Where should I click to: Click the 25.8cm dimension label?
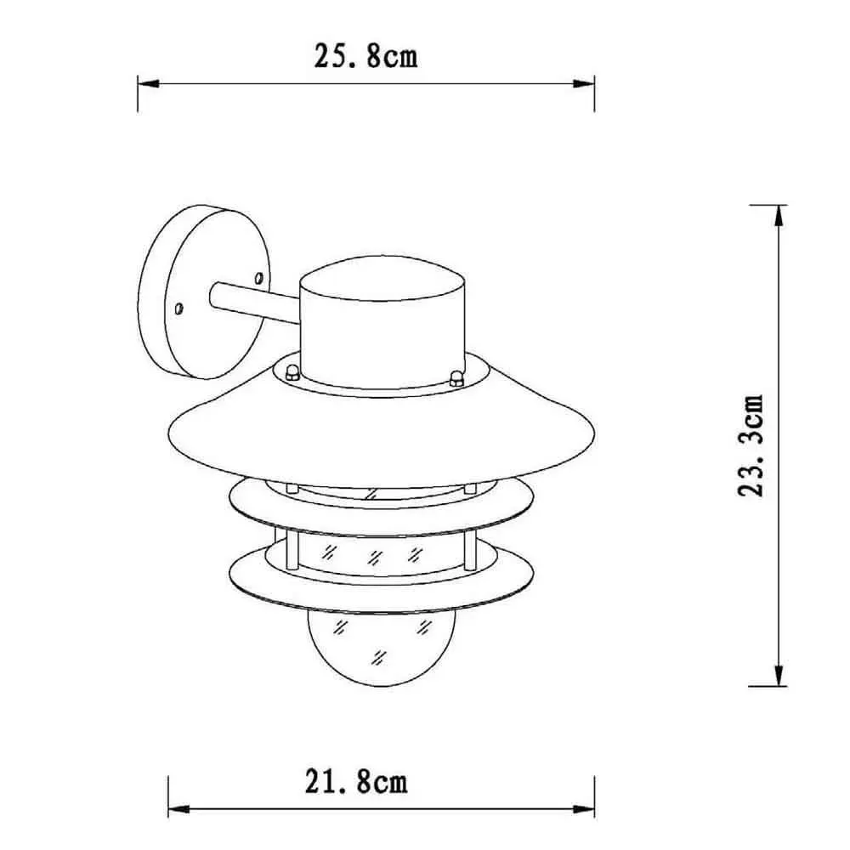click(x=365, y=56)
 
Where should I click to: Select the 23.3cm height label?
click(x=751, y=445)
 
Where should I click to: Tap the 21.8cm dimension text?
click(x=356, y=782)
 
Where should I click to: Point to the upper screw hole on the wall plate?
click(x=259, y=279)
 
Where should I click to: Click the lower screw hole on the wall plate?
click(x=178, y=309)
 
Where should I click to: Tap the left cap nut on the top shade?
click(x=292, y=372)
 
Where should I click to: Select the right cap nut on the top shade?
click(x=456, y=378)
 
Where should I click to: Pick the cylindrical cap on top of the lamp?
click(x=382, y=322)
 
